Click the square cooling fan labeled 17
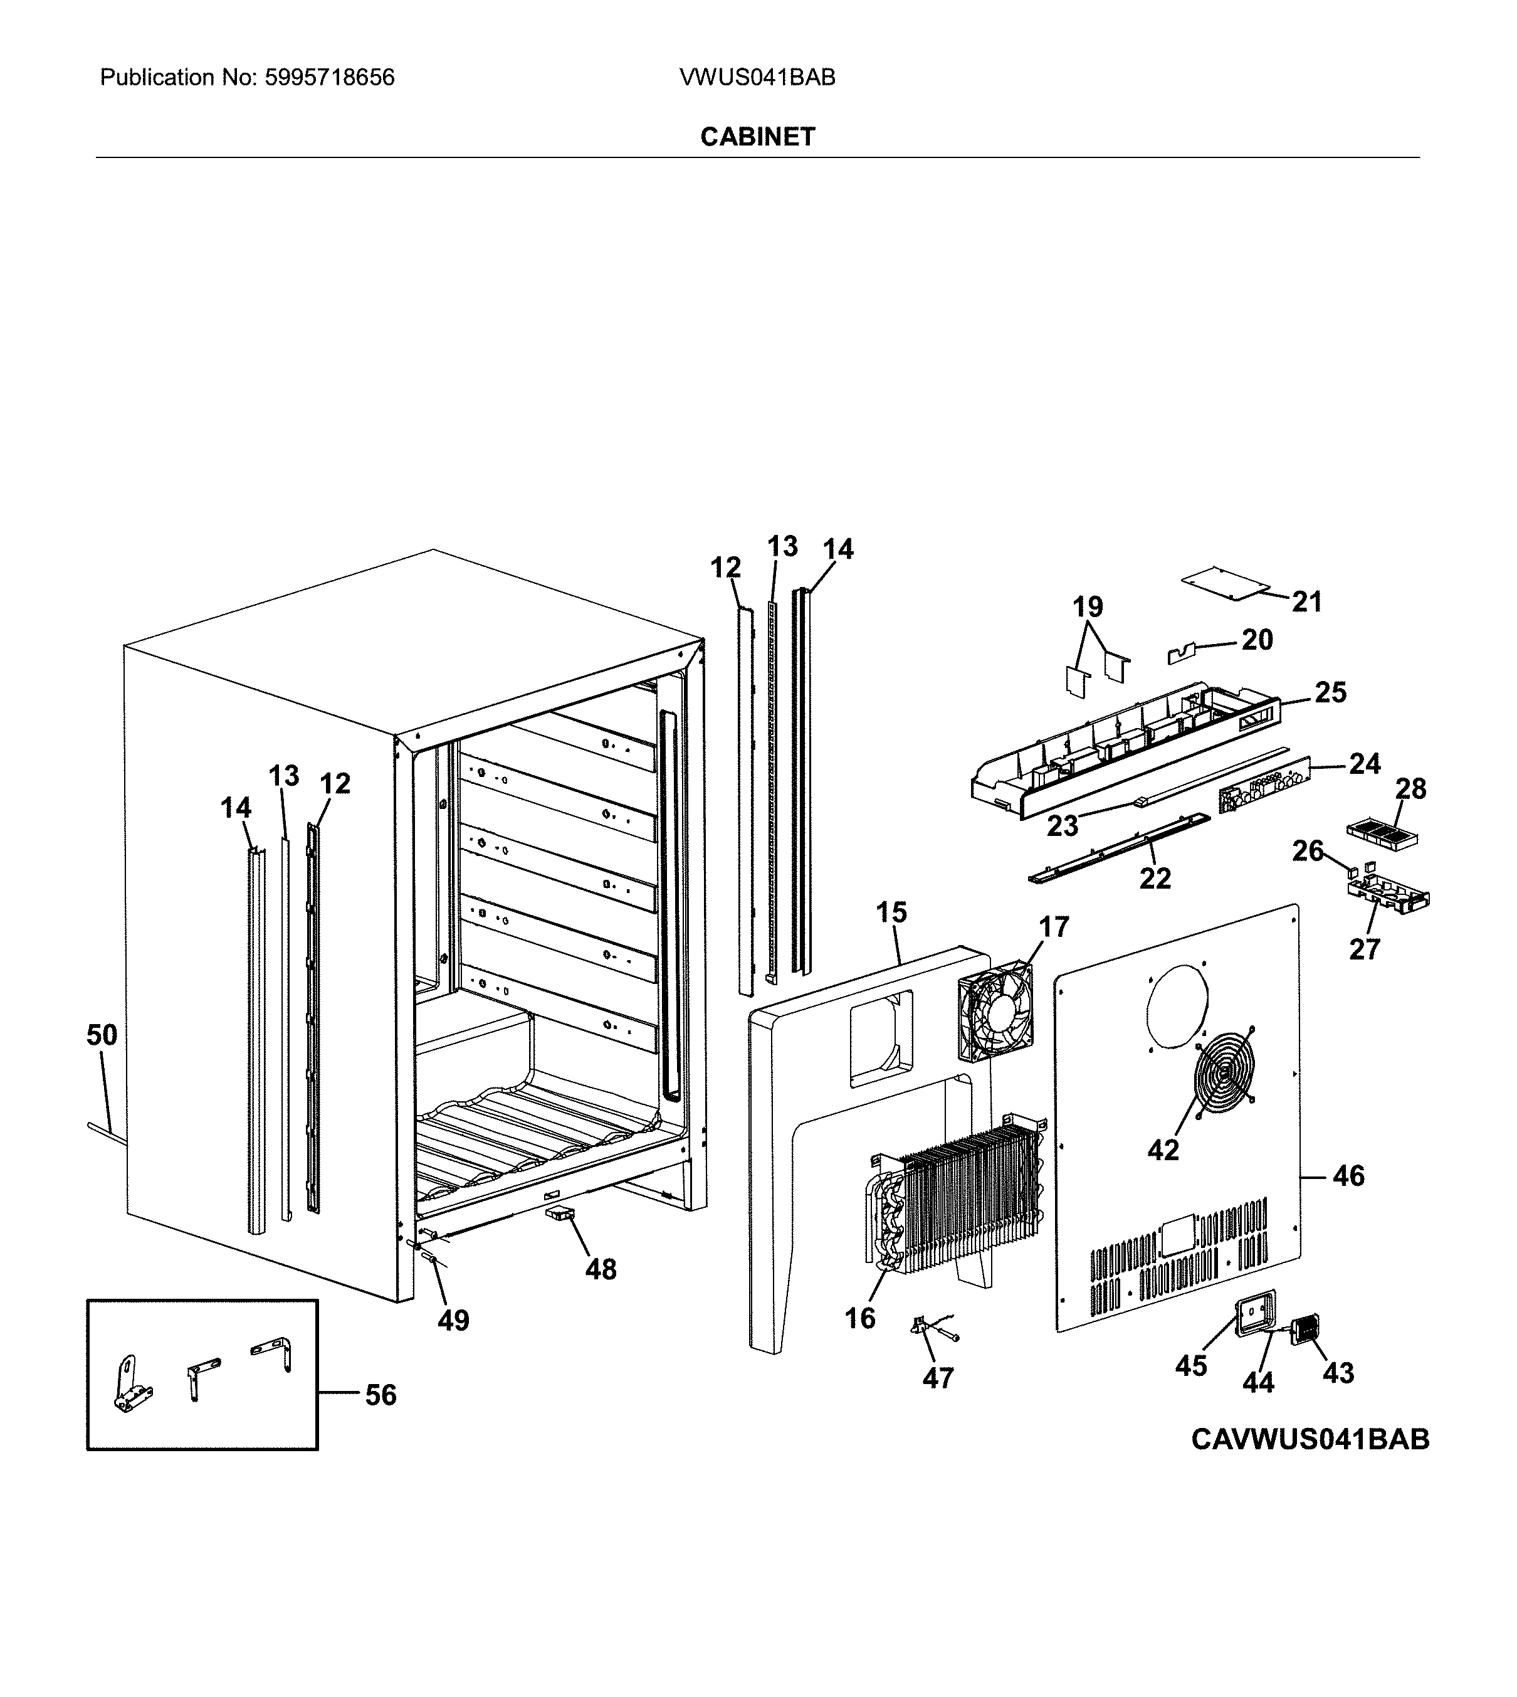click(996, 1012)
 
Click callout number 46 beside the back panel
click(1348, 1176)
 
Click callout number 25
click(1330, 692)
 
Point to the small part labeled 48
click(560, 1214)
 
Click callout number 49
click(453, 1320)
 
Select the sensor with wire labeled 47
click(925, 1326)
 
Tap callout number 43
click(1338, 1373)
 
